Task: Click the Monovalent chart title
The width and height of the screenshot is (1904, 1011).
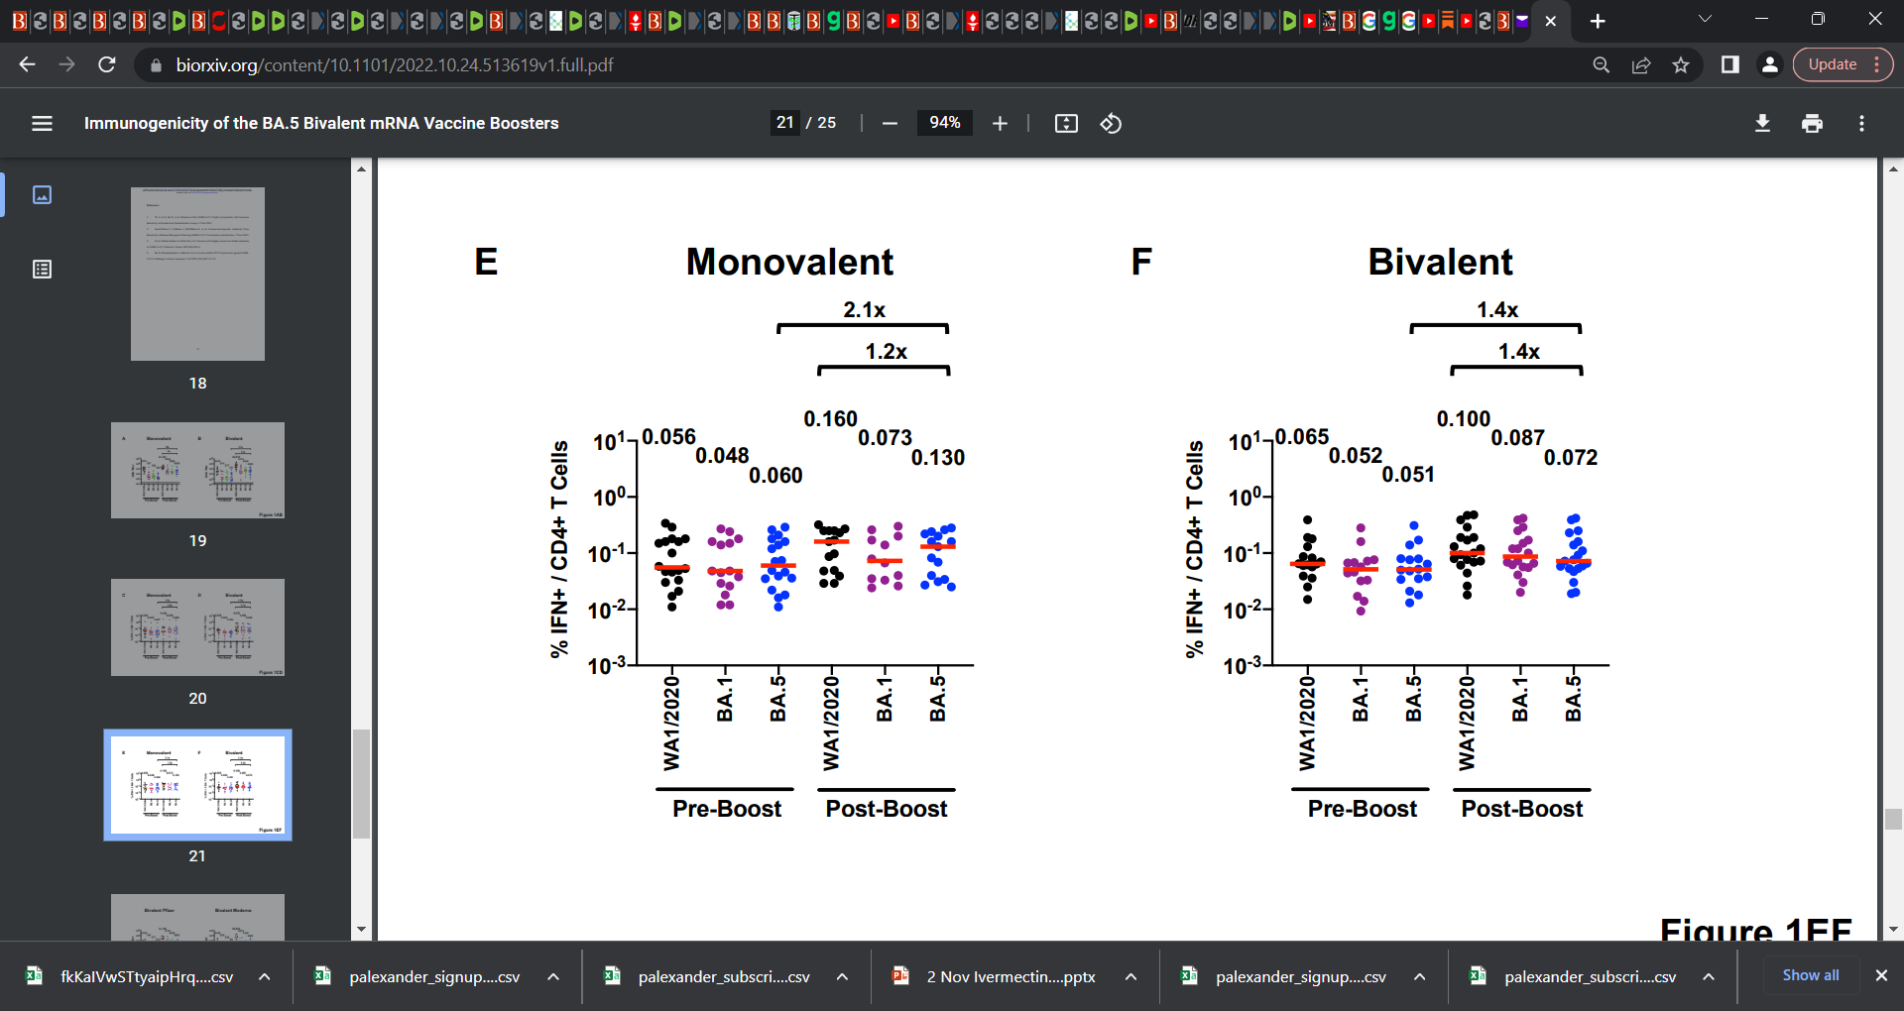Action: [789, 263]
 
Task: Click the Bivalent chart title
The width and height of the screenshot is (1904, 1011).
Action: [1440, 263]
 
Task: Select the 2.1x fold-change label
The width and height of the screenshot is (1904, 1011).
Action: [864, 310]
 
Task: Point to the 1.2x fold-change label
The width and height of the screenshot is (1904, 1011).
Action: [886, 352]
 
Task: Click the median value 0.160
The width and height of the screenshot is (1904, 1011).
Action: [830, 419]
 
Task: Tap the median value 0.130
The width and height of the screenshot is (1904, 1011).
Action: [937, 458]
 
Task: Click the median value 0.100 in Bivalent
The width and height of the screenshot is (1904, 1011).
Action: [1463, 419]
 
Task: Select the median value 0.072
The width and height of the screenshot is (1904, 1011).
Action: [1571, 458]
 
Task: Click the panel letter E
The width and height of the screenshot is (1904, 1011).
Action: [486, 263]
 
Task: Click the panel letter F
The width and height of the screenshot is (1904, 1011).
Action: [1141, 263]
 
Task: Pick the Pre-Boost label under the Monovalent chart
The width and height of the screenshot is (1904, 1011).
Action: [727, 809]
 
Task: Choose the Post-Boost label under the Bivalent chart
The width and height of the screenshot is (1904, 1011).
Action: [1521, 809]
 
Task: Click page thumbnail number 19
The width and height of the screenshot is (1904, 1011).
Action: [197, 471]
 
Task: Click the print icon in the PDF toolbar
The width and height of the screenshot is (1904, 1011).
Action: [1812, 123]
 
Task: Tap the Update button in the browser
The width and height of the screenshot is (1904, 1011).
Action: [1832, 64]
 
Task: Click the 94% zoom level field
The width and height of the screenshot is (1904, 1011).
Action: [944, 123]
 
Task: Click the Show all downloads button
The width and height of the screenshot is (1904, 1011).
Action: [1810, 975]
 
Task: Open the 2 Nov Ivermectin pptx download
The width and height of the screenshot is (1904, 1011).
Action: [1010, 977]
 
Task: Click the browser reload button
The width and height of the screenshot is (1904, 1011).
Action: [107, 64]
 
